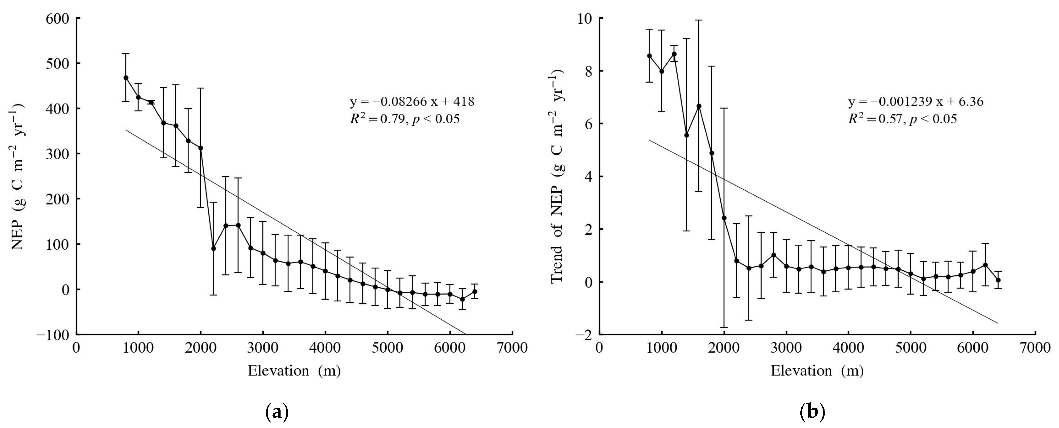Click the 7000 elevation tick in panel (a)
pyautogui.click(x=512, y=348)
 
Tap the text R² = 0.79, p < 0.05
pyautogui.click(x=404, y=119)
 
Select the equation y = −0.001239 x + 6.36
pyautogui.click(x=916, y=101)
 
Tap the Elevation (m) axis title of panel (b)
pyautogui.click(x=817, y=371)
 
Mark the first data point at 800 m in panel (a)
pyautogui.click(x=126, y=78)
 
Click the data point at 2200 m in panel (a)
pyautogui.click(x=213, y=248)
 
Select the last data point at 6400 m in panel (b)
pyautogui.click(x=998, y=280)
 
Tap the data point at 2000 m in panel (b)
pyautogui.click(x=724, y=218)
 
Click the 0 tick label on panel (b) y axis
pyautogui.click(x=588, y=282)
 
